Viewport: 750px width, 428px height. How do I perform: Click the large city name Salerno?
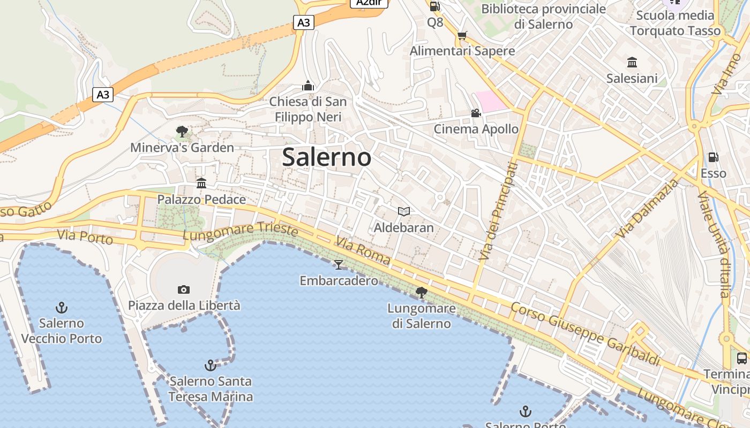[326, 157]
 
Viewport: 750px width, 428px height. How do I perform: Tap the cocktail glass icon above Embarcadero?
[338, 264]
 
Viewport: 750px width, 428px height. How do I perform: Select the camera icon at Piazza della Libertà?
[183, 289]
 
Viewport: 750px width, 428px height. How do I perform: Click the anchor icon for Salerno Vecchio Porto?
[62, 308]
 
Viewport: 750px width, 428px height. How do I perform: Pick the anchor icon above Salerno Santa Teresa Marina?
[211, 365]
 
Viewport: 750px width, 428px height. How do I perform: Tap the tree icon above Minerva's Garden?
[182, 131]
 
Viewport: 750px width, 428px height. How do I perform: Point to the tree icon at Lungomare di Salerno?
[422, 292]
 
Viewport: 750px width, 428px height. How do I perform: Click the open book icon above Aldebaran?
[404, 212]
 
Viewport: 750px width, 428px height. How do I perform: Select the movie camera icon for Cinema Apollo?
[476, 113]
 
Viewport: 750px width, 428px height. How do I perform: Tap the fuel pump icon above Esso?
[713, 157]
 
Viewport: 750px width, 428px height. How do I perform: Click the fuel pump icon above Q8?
[435, 6]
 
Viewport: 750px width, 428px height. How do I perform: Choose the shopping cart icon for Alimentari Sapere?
[462, 35]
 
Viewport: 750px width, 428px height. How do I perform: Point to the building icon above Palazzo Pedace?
[201, 184]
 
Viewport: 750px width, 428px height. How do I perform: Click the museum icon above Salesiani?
[632, 63]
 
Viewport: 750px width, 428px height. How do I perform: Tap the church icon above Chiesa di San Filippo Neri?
[307, 86]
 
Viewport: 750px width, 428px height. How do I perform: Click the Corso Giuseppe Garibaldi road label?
[585, 334]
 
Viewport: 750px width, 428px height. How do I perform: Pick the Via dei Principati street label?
[498, 211]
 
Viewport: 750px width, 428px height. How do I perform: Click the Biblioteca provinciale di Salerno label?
[543, 16]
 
